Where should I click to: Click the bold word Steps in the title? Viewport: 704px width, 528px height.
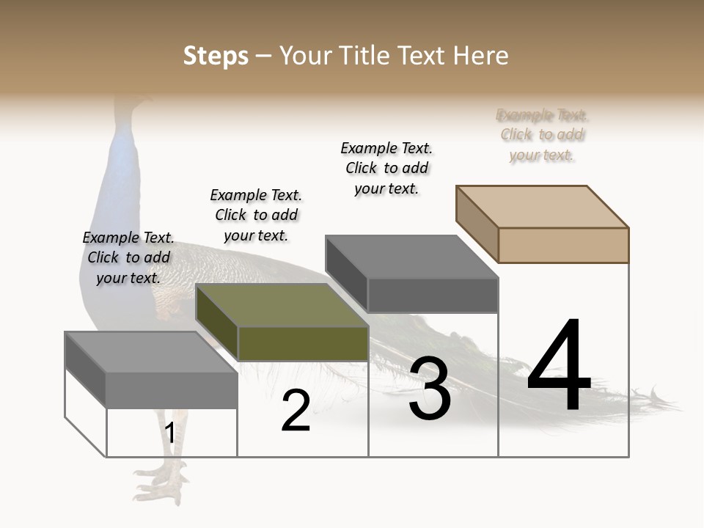click(x=216, y=56)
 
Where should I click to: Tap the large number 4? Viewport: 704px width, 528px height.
click(x=559, y=367)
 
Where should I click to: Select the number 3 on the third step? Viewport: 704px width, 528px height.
click(x=430, y=389)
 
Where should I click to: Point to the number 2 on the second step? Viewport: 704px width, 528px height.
click(x=296, y=411)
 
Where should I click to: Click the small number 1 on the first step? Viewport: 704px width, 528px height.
click(x=169, y=433)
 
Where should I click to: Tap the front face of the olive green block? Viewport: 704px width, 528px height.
click(x=303, y=343)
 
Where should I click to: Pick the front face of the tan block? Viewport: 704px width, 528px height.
click(x=563, y=245)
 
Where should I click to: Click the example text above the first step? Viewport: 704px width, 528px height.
click(x=128, y=257)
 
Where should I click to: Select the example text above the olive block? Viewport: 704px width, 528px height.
click(x=256, y=215)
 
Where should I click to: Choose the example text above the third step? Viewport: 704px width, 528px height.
click(x=386, y=168)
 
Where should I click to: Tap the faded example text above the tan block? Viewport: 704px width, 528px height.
click(x=542, y=135)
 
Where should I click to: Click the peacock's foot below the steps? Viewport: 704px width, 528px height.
click(x=161, y=484)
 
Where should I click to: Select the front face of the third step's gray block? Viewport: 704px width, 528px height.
click(x=433, y=296)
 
